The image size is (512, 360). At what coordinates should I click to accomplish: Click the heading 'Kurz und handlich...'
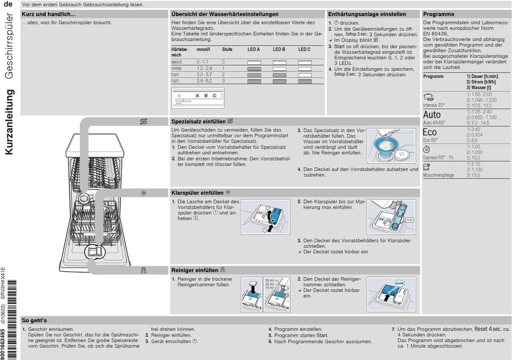[49, 14]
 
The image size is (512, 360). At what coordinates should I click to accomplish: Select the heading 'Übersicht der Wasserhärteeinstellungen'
[225, 14]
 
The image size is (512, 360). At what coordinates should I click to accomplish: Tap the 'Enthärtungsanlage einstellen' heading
[366, 14]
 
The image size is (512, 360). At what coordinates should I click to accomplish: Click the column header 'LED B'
[279, 50]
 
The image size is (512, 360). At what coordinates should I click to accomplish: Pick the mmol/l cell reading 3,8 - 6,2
[204, 81]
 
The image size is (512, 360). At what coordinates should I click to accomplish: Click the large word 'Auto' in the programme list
[432, 115]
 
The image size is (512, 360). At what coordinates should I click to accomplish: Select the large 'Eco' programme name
[430, 133]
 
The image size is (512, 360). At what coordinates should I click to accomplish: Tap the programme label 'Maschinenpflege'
[438, 175]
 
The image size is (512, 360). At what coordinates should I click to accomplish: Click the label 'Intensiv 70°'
[434, 105]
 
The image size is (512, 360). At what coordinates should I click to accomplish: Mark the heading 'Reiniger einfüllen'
[195, 270]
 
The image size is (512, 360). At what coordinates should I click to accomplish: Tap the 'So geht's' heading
[34, 320]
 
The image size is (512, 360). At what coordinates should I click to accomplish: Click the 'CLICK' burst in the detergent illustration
[399, 283]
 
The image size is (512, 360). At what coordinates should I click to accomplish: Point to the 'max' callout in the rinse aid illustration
[409, 220]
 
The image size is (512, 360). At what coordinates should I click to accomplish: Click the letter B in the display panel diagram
[205, 95]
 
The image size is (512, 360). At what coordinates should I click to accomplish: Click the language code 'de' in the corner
[9, 5]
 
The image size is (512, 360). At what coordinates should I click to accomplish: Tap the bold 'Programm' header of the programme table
[433, 77]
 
